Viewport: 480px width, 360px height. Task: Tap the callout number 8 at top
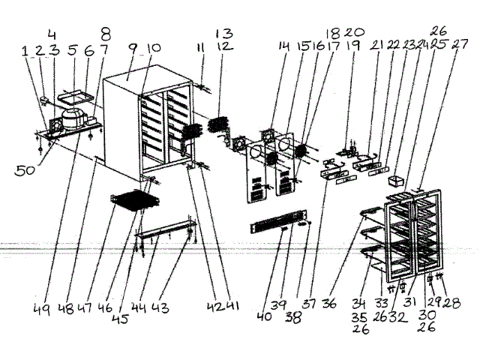[106, 33]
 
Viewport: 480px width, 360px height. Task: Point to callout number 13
[224, 34]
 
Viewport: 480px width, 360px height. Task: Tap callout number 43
[181, 307]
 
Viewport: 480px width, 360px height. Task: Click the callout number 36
[350, 304]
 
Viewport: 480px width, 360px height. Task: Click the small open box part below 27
[396, 181]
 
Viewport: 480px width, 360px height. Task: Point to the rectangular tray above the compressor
[76, 95]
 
